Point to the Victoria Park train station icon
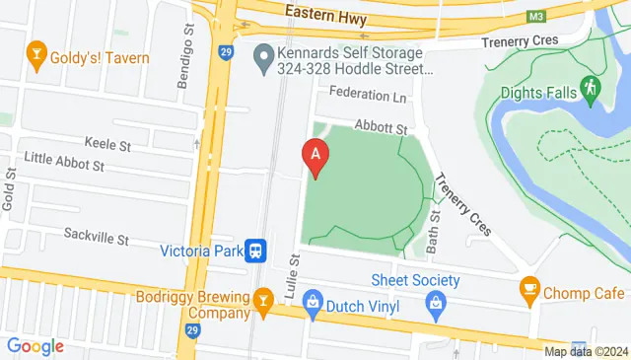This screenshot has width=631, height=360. tap(256, 251)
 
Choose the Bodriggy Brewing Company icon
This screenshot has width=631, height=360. tap(262, 298)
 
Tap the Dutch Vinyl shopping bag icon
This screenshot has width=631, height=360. tap(313, 300)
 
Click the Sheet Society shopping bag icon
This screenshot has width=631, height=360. tap(436, 302)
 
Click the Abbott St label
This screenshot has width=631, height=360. tap(381, 128)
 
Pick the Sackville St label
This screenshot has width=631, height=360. tap(96, 238)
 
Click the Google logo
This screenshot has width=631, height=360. tap(35, 346)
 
